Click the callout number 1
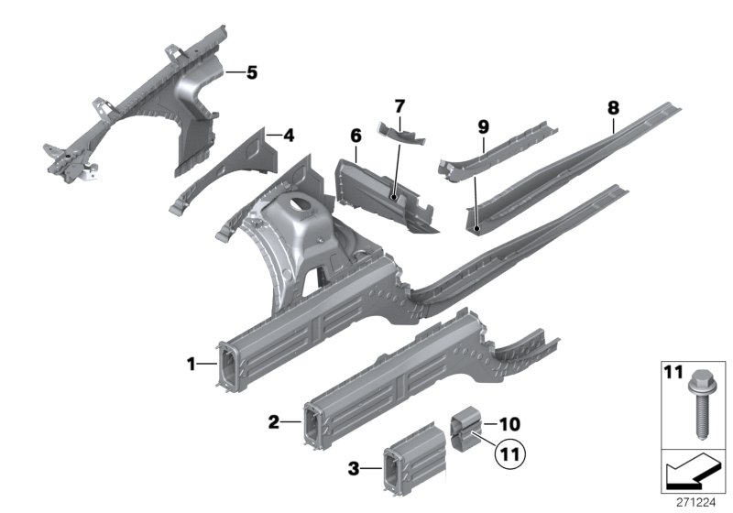coord(191,365)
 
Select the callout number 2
coord(274,421)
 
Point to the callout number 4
coord(289,136)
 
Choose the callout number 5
coord(252,71)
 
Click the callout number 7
coord(399,107)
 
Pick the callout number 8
coord(612,107)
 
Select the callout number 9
coord(483,126)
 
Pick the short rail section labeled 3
coord(412,458)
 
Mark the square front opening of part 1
coord(228,370)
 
